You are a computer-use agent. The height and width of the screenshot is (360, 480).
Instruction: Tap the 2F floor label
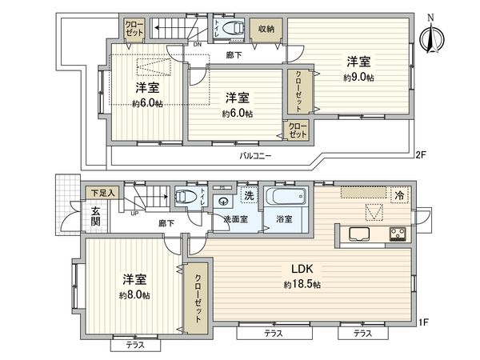(x=421, y=154)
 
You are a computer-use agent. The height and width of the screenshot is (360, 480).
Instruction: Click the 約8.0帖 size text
(x=134, y=294)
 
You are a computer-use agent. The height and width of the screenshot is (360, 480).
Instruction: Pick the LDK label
(x=302, y=269)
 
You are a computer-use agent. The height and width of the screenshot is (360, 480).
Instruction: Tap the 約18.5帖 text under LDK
(x=302, y=284)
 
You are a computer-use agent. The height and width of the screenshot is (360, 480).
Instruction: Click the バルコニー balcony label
(x=254, y=155)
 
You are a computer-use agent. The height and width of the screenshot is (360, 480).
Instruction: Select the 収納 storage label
(x=266, y=30)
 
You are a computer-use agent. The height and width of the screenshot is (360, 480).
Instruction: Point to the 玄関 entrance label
(x=95, y=216)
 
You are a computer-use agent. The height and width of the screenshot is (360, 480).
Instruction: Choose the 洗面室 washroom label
(x=236, y=218)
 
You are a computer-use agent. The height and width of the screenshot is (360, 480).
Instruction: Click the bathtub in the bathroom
(x=286, y=198)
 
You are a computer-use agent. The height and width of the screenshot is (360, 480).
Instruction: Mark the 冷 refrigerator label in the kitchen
(x=398, y=194)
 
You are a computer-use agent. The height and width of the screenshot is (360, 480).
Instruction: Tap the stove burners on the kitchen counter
(x=398, y=234)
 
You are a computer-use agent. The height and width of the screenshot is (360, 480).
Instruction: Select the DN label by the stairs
(x=197, y=45)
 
